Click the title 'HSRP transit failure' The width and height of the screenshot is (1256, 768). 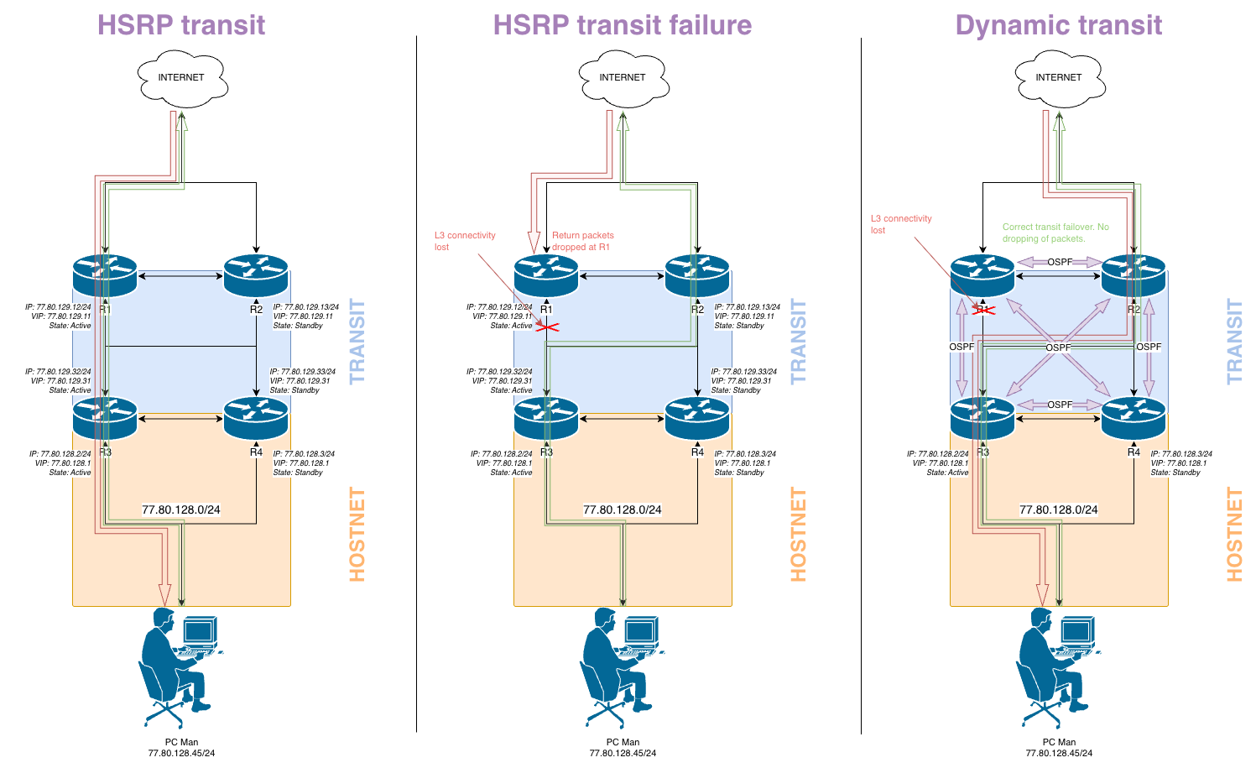point(622,24)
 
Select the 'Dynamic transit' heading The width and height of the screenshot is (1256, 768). point(1058,24)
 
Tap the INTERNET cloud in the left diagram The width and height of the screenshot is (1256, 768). point(181,78)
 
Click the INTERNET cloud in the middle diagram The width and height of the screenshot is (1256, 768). point(623,78)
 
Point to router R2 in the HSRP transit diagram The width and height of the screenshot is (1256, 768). point(256,274)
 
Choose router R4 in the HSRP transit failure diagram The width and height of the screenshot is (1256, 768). point(697,418)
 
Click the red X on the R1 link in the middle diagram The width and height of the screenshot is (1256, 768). point(546,327)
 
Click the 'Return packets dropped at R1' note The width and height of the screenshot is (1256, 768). point(582,241)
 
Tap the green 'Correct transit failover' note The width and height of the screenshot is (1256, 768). point(1055,232)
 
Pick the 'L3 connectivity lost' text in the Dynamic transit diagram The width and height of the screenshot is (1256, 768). point(900,224)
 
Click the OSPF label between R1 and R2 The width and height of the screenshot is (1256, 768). point(1059,262)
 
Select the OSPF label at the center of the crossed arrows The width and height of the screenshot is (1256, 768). point(1058,347)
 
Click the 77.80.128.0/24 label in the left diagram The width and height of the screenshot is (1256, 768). point(181,509)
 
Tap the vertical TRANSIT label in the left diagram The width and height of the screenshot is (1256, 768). point(357,342)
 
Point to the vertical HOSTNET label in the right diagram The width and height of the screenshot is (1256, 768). point(1234,534)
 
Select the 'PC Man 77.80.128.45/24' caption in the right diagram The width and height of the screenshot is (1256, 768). point(1059,747)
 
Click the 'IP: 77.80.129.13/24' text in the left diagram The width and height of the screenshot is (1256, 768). point(306,307)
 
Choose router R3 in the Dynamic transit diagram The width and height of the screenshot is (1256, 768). point(982,418)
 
